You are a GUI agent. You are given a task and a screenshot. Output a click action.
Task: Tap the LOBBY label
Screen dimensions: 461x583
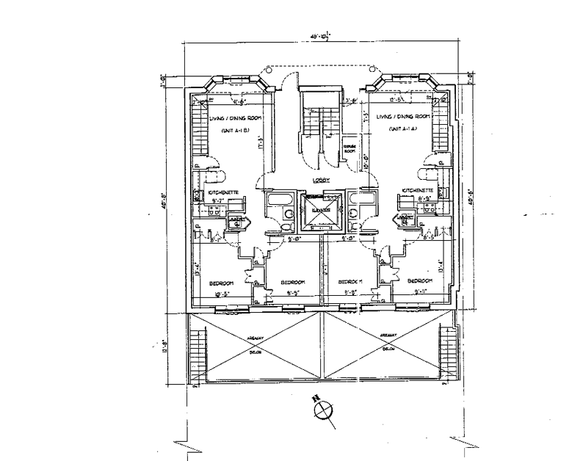pyautogui.click(x=320, y=180)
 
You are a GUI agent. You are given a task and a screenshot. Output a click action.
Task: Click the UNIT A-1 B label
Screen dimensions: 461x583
pyautogui.click(x=236, y=131)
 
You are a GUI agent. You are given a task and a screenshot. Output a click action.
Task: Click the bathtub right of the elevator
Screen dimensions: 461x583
pyautogui.click(x=361, y=200)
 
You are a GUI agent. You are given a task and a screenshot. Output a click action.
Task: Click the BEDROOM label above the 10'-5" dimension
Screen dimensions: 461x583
pyautogui.click(x=220, y=283)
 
